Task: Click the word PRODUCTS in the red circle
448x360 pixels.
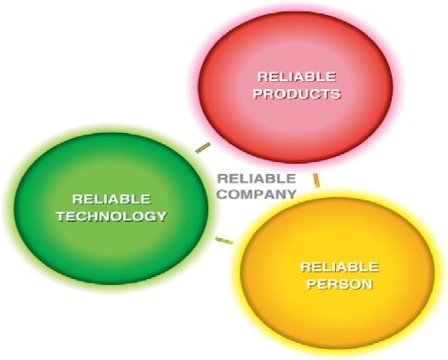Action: [x=297, y=94]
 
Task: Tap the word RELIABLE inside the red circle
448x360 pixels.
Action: [x=297, y=77]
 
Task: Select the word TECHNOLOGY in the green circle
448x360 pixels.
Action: [x=111, y=217]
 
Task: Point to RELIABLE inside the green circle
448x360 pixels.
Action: [x=111, y=199]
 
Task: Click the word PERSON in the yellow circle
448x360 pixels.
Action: [x=339, y=284]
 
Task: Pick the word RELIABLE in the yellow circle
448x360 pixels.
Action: [x=339, y=267]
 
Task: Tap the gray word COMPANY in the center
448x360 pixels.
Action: [x=257, y=194]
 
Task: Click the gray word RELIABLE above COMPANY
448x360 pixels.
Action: [x=257, y=178]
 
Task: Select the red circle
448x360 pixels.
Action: [x=296, y=87]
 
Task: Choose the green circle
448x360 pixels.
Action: [x=111, y=209]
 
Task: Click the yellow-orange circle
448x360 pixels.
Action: [x=337, y=273]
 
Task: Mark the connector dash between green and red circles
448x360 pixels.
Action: [x=203, y=148]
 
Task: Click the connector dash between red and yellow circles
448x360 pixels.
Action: [x=316, y=181]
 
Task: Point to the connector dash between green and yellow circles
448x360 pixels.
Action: [x=224, y=241]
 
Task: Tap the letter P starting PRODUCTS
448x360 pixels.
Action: [x=258, y=94]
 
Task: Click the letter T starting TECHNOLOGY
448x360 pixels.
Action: [x=61, y=217]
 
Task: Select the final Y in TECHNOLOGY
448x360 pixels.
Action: [x=161, y=217]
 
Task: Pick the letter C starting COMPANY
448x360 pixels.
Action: [x=223, y=194]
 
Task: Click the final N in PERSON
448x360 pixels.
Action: [x=367, y=284]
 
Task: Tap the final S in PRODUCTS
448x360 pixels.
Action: [x=336, y=94]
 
